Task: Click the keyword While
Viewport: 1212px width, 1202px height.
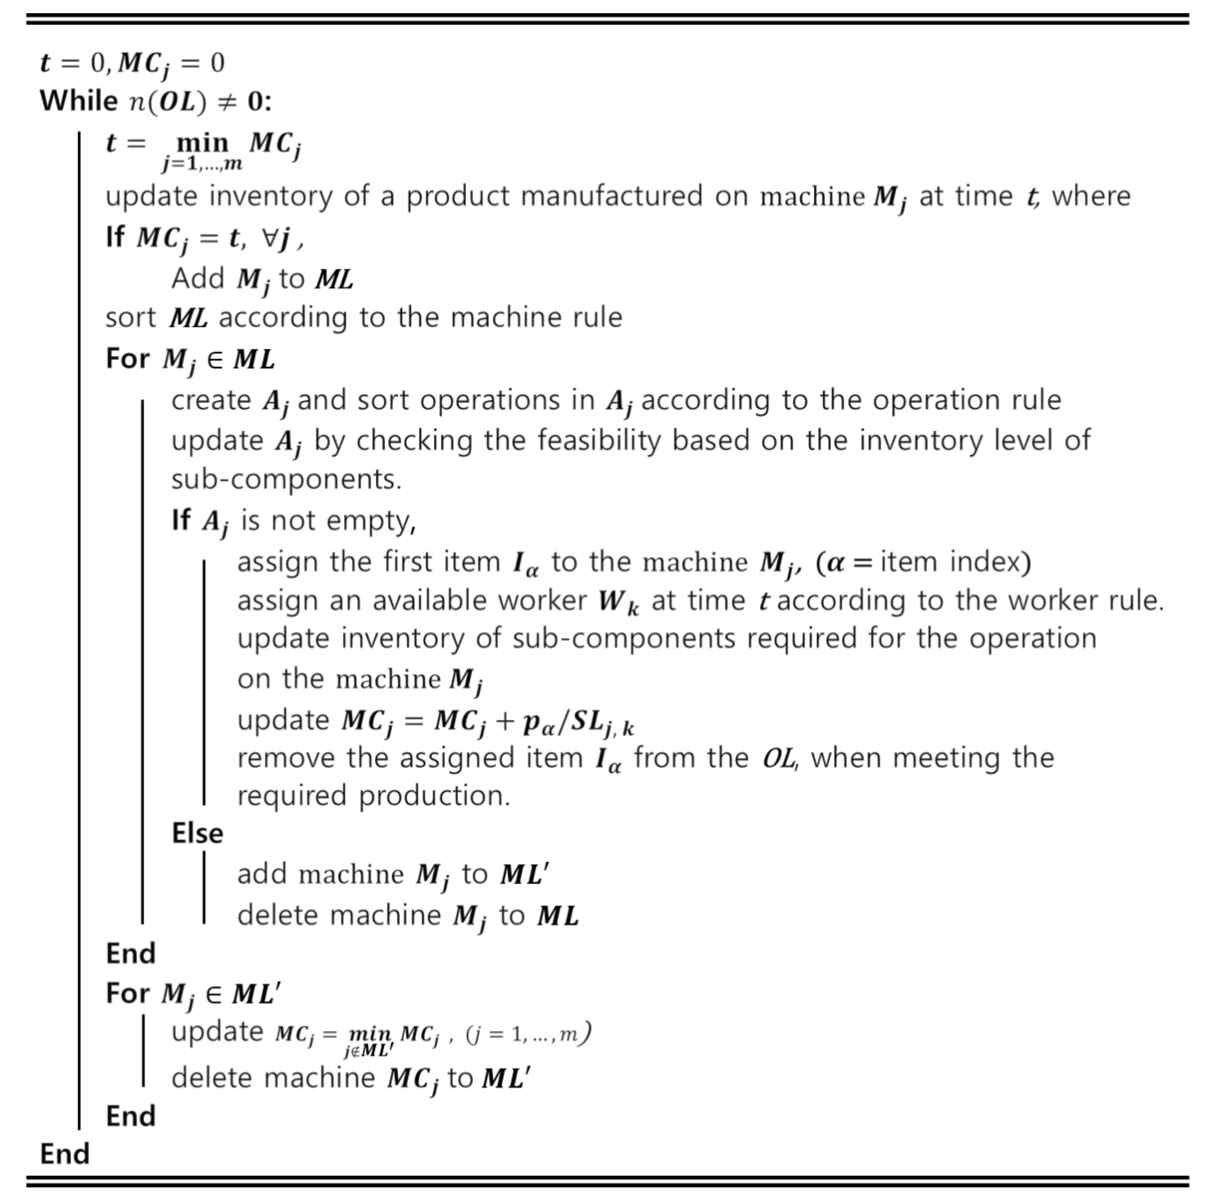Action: point(79,101)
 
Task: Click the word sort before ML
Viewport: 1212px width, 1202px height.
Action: point(130,317)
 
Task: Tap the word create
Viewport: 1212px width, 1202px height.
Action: point(211,400)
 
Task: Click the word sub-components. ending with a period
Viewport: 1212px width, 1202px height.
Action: point(286,480)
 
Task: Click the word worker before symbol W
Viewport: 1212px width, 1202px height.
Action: point(542,601)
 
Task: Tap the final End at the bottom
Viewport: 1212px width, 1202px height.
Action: point(64,1154)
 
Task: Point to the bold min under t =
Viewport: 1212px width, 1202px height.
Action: point(202,143)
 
